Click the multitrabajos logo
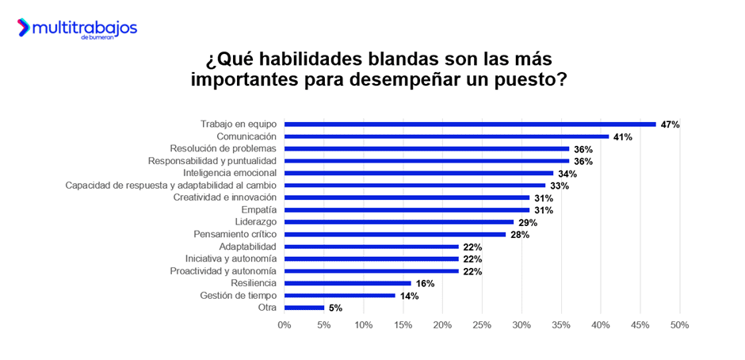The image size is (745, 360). (77, 29)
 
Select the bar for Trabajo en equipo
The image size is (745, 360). (470, 124)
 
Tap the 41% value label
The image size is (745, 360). (622, 137)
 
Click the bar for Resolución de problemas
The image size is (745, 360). (426, 148)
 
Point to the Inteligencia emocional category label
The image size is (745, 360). (230, 173)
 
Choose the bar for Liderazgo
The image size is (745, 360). (399, 222)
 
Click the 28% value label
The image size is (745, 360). (519, 235)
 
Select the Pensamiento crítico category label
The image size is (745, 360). (235, 235)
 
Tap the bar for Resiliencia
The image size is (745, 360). (347, 283)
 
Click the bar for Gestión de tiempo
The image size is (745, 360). (339, 295)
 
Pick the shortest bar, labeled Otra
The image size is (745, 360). (304, 308)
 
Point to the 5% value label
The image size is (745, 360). (334, 308)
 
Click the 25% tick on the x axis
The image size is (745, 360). (482, 325)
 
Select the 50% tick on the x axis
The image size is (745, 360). (679, 325)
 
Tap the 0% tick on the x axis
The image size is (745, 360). (285, 325)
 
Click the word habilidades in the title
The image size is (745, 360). (320, 60)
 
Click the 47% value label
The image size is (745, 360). (670, 124)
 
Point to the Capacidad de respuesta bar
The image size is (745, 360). (415, 186)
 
